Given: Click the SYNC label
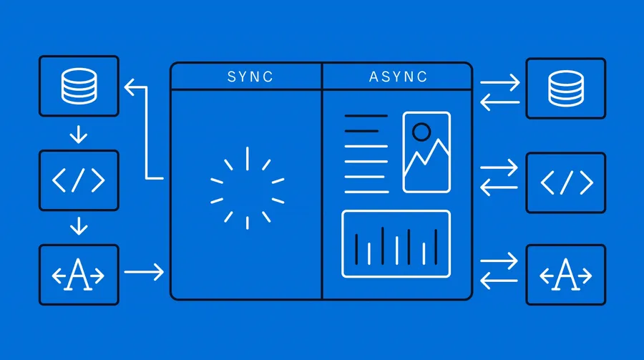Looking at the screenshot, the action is point(250,77).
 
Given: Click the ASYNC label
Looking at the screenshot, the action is point(398,77).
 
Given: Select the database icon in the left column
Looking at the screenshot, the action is point(79,86).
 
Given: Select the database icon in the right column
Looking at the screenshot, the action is point(566,88).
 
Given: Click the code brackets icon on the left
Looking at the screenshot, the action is point(79,180).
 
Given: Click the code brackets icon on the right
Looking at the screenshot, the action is point(567,183).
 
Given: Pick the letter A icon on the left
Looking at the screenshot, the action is point(78,275).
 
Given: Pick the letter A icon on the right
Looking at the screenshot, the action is point(565,275).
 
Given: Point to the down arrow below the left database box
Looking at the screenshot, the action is point(79,135).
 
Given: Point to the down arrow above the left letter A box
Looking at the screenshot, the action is point(79,226).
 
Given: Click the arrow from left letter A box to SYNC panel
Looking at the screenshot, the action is point(144,272).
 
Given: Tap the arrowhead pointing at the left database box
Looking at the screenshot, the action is point(130,87).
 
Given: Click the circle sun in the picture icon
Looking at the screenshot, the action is point(421,132).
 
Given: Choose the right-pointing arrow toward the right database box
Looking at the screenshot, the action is point(500,82).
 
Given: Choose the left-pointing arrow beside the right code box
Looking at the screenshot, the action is point(499,188).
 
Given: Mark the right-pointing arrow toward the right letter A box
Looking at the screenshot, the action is point(499,261).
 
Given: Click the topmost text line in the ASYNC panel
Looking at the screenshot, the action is point(366,116).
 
